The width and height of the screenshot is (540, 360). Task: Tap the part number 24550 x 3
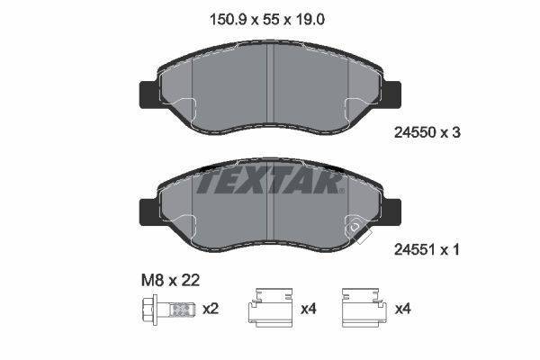click(x=427, y=132)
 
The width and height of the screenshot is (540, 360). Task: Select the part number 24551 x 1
click(x=427, y=252)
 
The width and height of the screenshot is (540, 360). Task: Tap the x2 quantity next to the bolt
click(x=211, y=310)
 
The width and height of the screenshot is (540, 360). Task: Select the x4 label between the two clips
click(x=309, y=310)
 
